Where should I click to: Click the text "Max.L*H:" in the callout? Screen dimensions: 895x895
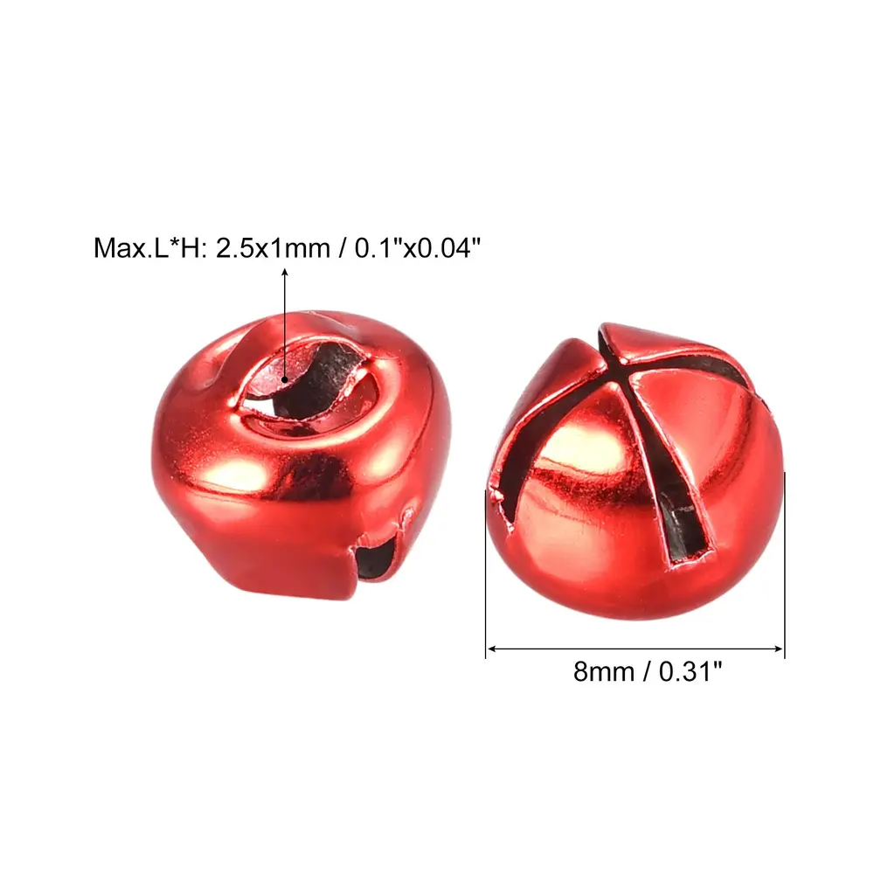coord(150,248)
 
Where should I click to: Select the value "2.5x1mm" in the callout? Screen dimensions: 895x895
coord(273,248)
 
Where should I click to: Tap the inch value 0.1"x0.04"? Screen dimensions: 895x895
coord(417,248)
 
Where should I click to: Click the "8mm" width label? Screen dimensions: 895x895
coord(604,672)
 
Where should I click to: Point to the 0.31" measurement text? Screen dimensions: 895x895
coord(690,672)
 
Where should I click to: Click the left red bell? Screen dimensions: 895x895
coord(302,454)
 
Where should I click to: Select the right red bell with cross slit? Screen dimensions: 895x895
coord(635,471)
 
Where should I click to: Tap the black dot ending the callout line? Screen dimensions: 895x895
coord(284,379)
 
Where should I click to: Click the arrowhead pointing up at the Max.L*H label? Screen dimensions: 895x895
coord(284,273)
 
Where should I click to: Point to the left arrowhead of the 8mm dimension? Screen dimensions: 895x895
coord(492,649)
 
